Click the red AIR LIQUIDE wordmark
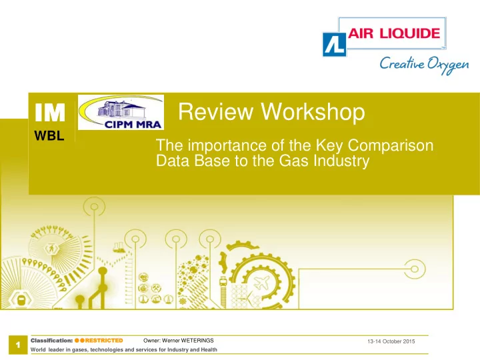point(394,33)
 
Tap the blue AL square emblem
point(335,45)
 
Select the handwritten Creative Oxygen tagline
point(424,65)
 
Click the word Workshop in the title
point(313,111)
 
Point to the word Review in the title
point(216,111)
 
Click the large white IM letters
point(50,113)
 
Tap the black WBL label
point(49,135)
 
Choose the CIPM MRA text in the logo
point(133,125)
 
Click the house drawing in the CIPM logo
point(120,109)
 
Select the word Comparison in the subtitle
point(390,145)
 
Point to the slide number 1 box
point(18,345)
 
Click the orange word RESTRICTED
point(104,341)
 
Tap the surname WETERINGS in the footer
point(197,341)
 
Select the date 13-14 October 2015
point(391,341)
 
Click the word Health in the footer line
point(209,349)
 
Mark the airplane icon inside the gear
point(262,282)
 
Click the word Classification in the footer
point(51,341)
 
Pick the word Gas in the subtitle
point(293,161)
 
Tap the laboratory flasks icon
point(119,247)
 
